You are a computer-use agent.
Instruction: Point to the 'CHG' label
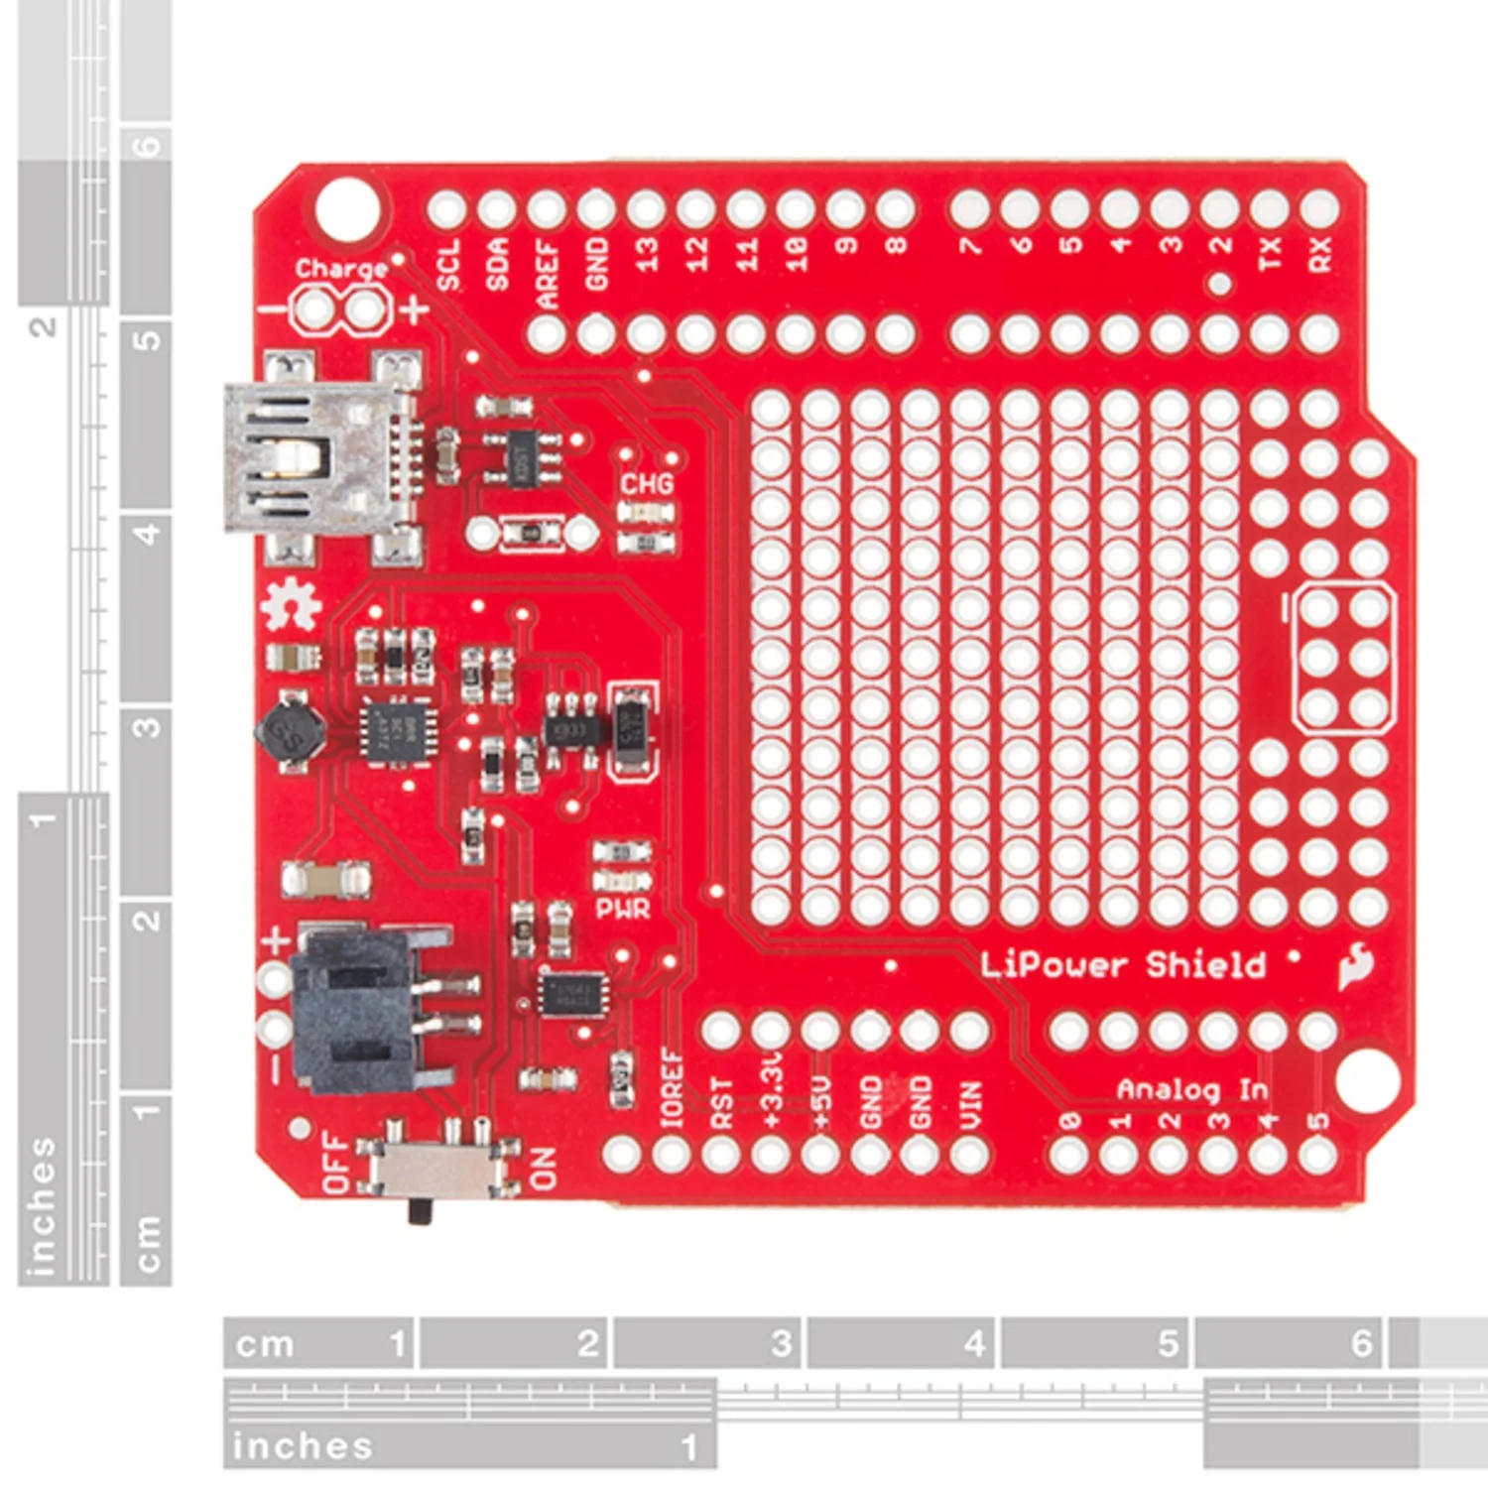click(x=647, y=483)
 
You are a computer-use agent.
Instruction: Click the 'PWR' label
click(x=623, y=909)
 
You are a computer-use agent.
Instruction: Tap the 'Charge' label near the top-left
click(x=340, y=269)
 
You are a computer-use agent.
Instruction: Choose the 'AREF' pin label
click(x=547, y=272)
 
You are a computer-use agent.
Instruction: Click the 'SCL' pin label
click(x=448, y=264)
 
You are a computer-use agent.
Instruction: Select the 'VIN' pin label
click(x=970, y=1104)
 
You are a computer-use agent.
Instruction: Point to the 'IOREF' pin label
click(x=673, y=1087)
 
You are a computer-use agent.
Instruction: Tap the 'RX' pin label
click(x=1319, y=254)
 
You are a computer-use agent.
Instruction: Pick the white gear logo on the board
click(x=293, y=605)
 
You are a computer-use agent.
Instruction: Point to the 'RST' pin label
click(x=722, y=1103)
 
